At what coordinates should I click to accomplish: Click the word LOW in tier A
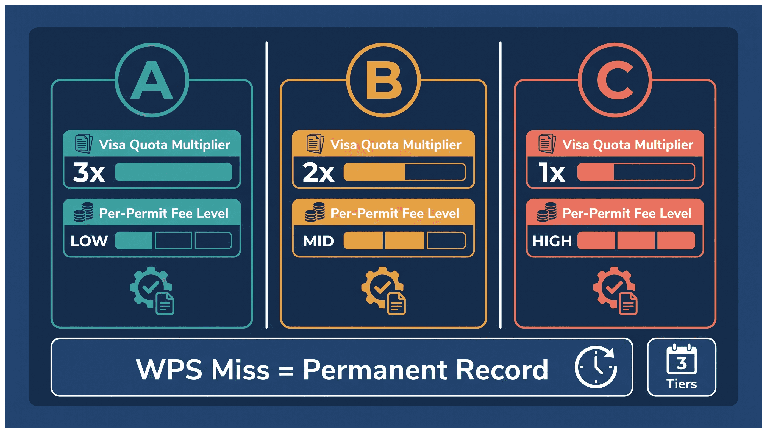[x=89, y=241]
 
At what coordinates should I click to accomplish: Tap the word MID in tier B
[x=319, y=241]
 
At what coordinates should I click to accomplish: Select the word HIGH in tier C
[x=552, y=241]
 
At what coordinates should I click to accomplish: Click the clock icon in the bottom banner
[x=596, y=367]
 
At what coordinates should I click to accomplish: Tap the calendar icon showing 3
[x=682, y=359]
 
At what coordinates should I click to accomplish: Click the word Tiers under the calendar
[x=682, y=384]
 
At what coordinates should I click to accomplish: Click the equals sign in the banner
[x=286, y=371]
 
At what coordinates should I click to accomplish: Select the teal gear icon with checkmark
[x=152, y=291]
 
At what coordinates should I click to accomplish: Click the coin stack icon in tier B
[x=315, y=212]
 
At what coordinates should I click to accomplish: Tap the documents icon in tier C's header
[x=547, y=143]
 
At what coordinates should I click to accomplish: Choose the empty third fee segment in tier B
[x=446, y=241]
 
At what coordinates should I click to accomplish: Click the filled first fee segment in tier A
[x=134, y=241]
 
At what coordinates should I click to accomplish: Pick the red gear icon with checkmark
[x=615, y=291]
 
